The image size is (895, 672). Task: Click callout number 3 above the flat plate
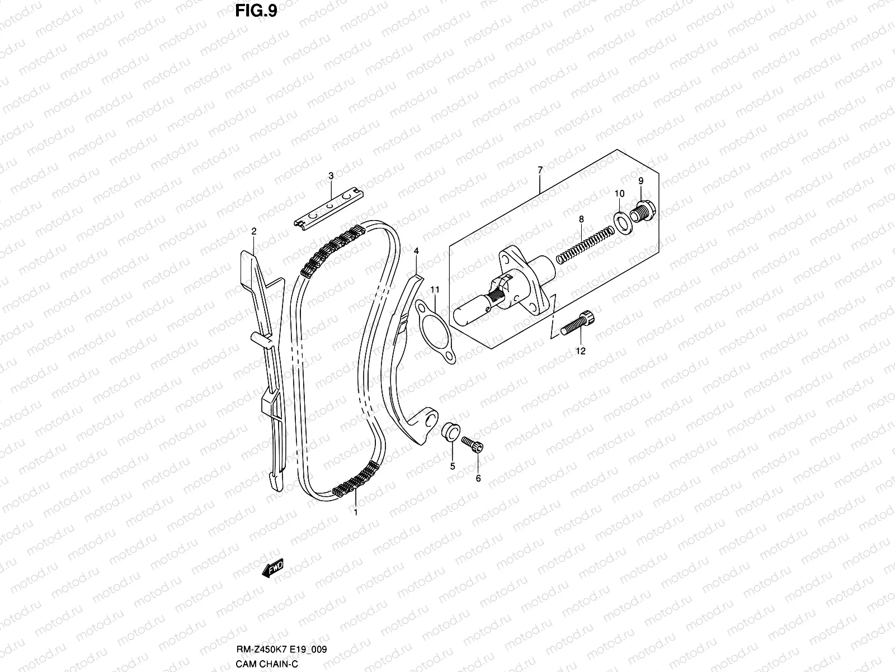pyautogui.click(x=331, y=176)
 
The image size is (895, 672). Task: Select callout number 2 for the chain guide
pyautogui.click(x=253, y=231)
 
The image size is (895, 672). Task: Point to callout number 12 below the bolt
pyautogui.click(x=580, y=351)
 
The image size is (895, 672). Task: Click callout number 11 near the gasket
pyautogui.click(x=435, y=290)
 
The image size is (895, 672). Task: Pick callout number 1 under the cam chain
pyautogui.click(x=355, y=511)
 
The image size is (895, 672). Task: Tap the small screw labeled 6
pyautogui.click(x=473, y=443)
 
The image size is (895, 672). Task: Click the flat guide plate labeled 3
pyautogui.click(x=330, y=208)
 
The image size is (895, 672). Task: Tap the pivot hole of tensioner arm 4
pyautogui.click(x=428, y=421)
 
